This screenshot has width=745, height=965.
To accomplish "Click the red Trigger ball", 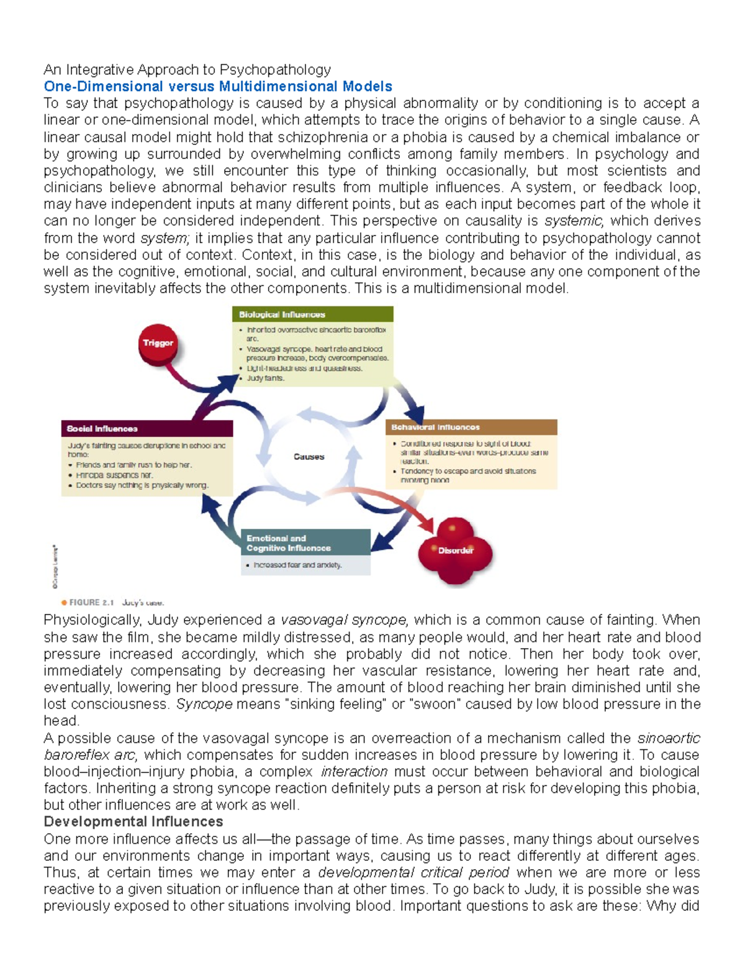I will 158,344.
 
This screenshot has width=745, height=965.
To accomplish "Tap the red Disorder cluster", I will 456,550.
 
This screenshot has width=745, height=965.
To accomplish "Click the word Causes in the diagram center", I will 309,457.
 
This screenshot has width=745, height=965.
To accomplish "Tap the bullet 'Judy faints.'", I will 266,378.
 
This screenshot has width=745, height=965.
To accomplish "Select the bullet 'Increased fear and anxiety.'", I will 297,565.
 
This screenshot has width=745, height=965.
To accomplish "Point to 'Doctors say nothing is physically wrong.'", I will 142,486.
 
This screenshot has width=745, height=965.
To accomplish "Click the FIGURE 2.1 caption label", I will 92,603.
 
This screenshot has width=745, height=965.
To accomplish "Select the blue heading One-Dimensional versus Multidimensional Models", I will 218,86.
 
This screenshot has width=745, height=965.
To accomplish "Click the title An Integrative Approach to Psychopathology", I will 187,70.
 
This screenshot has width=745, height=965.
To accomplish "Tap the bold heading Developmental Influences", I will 133,822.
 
